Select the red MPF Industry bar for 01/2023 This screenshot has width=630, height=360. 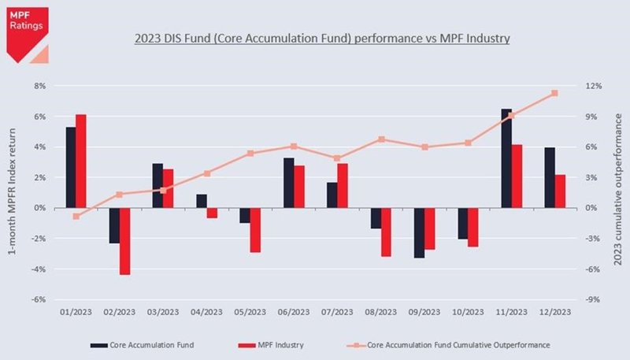click(80, 161)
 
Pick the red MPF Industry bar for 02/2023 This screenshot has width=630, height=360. click(124, 241)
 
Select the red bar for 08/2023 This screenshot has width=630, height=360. click(386, 232)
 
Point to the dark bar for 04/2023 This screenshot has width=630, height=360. click(202, 201)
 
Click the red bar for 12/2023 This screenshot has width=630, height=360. click(560, 191)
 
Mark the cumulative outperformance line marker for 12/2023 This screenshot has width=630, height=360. click(554, 93)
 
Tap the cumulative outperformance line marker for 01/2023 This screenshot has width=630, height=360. click(76, 216)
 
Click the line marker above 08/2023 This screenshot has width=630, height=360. click(381, 139)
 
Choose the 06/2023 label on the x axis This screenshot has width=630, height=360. click(294, 312)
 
